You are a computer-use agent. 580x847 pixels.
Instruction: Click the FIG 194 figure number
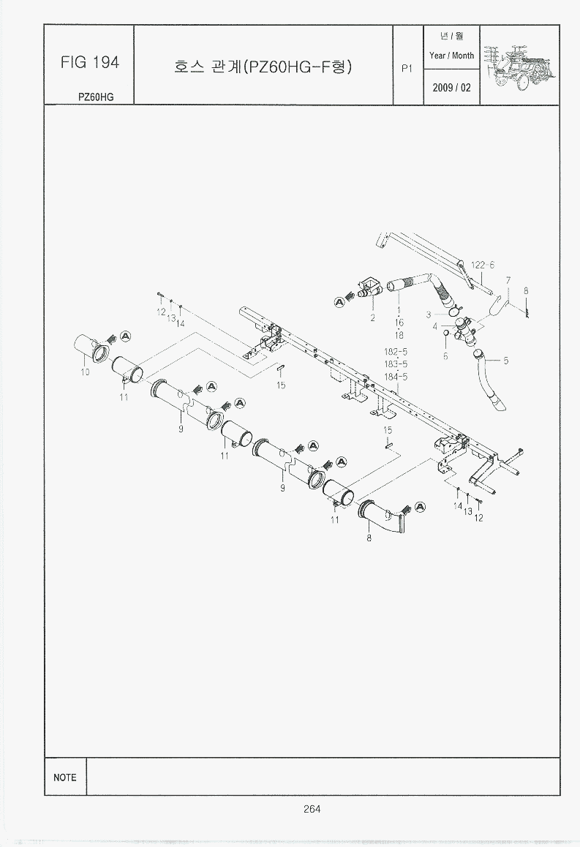coord(90,63)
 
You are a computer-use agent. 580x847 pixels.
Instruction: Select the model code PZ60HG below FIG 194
coord(96,97)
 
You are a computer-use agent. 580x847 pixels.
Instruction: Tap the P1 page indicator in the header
coord(407,69)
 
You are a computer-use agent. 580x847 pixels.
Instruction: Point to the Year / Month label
coord(451,56)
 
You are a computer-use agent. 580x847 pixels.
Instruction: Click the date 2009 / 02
coord(451,88)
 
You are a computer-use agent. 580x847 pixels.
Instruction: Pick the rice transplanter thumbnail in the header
coord(520,67)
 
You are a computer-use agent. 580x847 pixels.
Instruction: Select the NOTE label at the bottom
coord(65,778)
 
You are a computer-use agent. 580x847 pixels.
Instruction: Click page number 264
coord(312,809)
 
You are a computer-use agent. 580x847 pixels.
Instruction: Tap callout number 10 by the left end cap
coord(85,372)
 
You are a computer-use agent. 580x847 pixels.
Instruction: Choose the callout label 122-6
coord(482,266)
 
